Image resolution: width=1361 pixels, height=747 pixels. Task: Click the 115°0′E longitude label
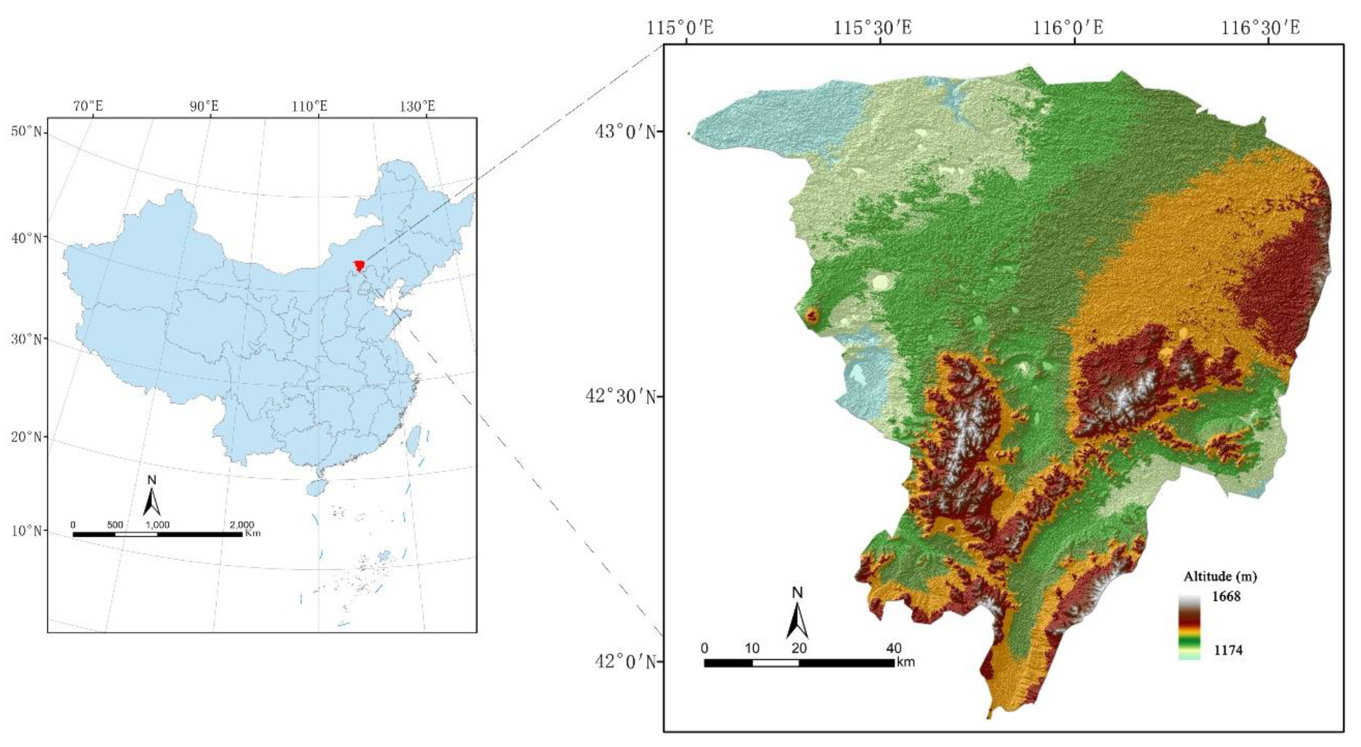(680, 27)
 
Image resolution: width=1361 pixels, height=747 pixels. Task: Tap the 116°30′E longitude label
(1260, 27)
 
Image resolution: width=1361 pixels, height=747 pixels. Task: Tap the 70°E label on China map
(88, 106)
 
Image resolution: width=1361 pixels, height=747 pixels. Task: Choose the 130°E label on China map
(417, 106)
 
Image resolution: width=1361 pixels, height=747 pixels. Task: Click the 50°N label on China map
(27, 131)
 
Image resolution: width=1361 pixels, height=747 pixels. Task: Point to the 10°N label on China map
(27, 530)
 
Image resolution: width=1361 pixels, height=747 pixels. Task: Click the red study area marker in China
(359, 265)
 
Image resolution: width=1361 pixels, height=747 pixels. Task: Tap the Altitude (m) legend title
(1220, 576)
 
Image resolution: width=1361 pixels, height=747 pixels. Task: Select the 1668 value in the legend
(1226, 596)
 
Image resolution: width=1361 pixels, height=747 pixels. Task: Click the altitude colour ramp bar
(1189, 627)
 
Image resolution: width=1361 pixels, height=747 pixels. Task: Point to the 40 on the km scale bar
(894, 648)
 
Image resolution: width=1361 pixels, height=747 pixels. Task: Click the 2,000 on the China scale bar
(241, 524)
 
